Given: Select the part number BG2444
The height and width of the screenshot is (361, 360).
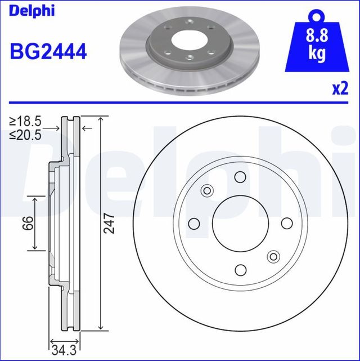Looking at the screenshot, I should (48, 52).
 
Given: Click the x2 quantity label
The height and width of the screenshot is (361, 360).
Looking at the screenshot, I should (340, 88).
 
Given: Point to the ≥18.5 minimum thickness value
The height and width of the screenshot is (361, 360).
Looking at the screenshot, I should (25, 121).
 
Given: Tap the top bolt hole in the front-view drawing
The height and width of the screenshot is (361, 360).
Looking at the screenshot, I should (240, 177).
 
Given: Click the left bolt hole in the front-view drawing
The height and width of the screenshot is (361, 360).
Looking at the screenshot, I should (195, 223).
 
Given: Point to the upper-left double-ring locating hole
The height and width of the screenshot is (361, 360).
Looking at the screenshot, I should (208, 191).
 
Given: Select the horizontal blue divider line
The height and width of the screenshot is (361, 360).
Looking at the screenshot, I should (180, 103).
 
